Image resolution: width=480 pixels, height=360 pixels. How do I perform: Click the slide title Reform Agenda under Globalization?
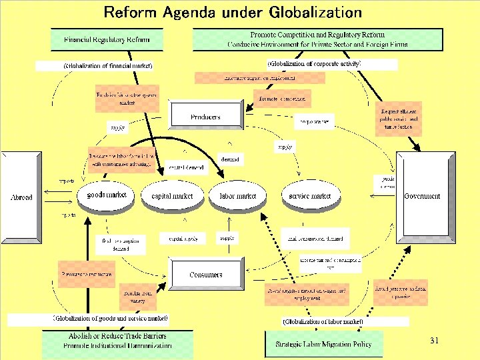(x=233, y=12)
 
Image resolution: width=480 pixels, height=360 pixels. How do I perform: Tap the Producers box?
(x=205, y=117)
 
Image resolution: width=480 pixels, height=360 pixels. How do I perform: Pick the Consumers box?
(x=205, y=275)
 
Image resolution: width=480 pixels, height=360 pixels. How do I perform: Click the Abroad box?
(x=22, y=197)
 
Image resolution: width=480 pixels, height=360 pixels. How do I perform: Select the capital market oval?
(x=172, y=196)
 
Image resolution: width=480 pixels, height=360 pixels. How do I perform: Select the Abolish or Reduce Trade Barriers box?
(x=117, y=341)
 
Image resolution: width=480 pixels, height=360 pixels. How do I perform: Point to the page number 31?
(x=434, y=341)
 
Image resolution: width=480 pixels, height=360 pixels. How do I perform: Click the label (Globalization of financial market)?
(x=108, y=66)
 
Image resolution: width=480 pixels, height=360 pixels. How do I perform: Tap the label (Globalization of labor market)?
(x=323, y=321)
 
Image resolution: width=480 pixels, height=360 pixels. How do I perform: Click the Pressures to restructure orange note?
(x=87, y=274)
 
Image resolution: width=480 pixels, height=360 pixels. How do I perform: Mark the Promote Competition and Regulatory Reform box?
(x=317, y=39)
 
